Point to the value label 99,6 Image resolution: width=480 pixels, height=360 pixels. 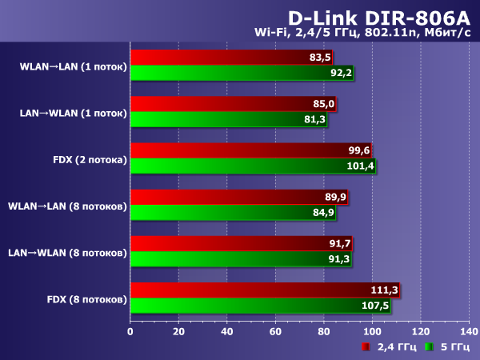(x=359, y=150)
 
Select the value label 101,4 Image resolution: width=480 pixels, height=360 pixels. (x=362, y=166)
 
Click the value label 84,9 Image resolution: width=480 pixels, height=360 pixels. (x=323, y=212)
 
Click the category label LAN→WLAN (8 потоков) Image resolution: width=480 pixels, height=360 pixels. (x=67, y=253)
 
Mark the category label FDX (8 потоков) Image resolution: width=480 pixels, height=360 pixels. (x=86, y=299)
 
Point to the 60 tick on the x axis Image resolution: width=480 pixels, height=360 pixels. (x=274, y=330)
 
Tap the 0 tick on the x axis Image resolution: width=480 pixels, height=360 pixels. (x=130, y=330)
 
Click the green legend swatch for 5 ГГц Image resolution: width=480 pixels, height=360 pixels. (x=429, y=346)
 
